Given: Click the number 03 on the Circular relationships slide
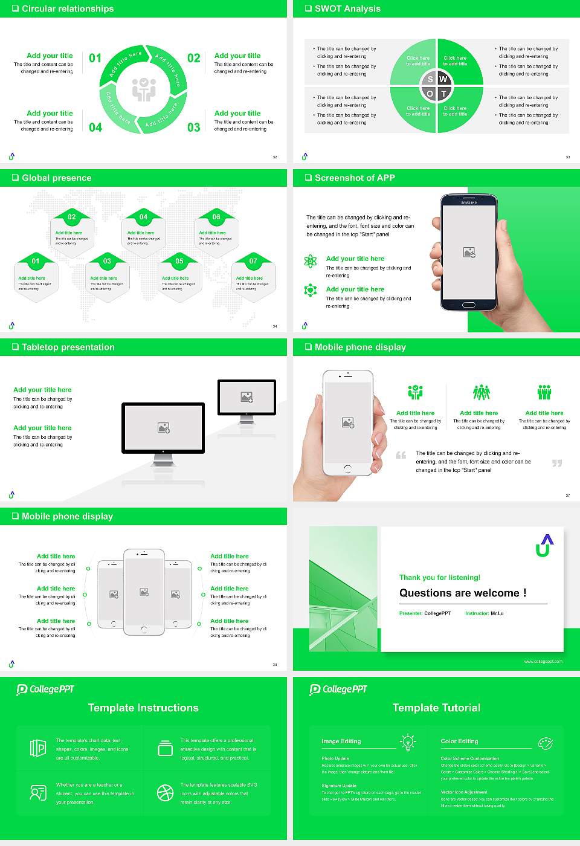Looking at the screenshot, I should (x=193, y=128).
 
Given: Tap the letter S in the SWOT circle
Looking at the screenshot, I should (x=430, y=79).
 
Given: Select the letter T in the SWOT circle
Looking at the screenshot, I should (x=444, y=94).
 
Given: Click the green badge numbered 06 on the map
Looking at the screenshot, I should (x=216, y=217).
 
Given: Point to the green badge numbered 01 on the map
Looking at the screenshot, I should (x=36, y=261).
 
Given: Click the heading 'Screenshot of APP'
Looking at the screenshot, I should (x=355, y=178).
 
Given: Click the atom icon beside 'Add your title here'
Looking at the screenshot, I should (x=311, y=261).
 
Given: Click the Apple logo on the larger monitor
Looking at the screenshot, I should (x=163, y=451).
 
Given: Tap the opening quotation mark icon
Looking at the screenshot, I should (x=401, y=455).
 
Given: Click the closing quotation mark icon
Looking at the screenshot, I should (x=557, y=463).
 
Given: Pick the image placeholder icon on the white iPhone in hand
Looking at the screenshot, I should (x=347, y=422).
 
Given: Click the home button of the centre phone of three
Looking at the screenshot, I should (x=144, y=629).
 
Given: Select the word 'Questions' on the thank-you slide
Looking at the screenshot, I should (x=426, y=593).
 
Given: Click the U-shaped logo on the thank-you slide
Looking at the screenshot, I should (x=544, y=545).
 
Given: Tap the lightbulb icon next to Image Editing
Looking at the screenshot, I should (x=408, y=741).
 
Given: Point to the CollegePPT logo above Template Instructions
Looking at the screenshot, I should (x=45, y=689).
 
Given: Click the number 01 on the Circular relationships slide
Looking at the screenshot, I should (x=95, y=58).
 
